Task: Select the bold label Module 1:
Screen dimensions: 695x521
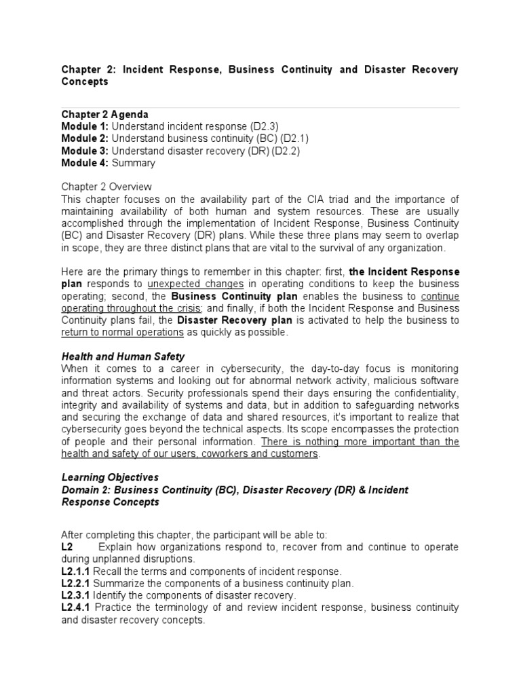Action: click(85, 126)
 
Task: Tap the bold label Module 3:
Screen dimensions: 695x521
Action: click(85, 151)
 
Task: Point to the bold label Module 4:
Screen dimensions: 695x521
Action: click(85, 163)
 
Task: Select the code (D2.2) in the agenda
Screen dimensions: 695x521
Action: click(287, 151)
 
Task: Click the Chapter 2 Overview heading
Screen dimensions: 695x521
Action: click(107, 187)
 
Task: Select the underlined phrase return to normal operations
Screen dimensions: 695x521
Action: click(123, 333)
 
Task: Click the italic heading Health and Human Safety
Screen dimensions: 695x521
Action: click(123, 356)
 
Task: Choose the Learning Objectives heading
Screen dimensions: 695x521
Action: click(110, 477)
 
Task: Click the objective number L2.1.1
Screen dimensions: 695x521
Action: click(76, 571)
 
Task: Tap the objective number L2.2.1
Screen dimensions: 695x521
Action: click(76, 584)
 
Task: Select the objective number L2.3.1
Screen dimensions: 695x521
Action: click(76, 596)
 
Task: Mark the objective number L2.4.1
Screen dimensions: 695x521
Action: click(76, 608)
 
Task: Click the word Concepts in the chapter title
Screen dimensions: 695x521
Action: click(85, 81)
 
